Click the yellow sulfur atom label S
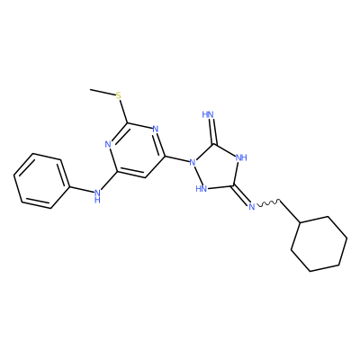118,96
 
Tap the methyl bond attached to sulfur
103,93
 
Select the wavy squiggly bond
268,202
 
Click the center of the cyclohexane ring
319,244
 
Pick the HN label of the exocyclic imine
208,114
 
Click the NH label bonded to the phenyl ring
96,195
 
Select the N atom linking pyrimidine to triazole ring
193,163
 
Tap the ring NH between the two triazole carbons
241,157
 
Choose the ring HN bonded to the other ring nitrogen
201,188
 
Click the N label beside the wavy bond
251,207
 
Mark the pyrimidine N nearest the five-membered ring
155,130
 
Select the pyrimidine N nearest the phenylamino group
108,144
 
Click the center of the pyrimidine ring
137,150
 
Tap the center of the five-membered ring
217,169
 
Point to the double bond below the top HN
212,131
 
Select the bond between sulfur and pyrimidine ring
123,112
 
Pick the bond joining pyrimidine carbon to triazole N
176,159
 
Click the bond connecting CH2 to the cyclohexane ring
290,211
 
